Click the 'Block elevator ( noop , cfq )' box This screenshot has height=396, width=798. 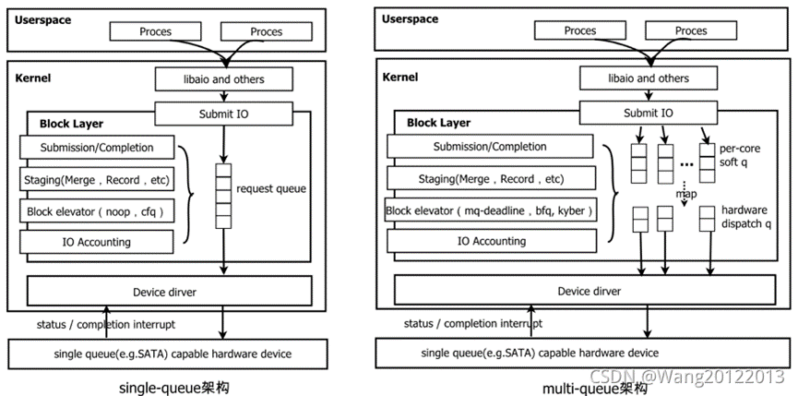pos(97,211)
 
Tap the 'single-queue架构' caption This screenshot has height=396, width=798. pos(173,387)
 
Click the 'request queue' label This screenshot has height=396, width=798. pos(270,188)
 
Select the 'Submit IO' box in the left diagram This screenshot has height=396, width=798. pos(222,114)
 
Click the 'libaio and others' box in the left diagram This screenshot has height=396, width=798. pos(222,79)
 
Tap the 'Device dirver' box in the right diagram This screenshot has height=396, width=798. pos(589,291)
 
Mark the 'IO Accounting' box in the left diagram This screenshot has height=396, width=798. pos(97,242)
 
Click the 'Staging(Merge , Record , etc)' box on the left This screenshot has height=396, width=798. pos(97,179)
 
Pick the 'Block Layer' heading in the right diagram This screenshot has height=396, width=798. pos(439,122)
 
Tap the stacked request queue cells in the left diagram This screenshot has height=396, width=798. pos(222,195)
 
